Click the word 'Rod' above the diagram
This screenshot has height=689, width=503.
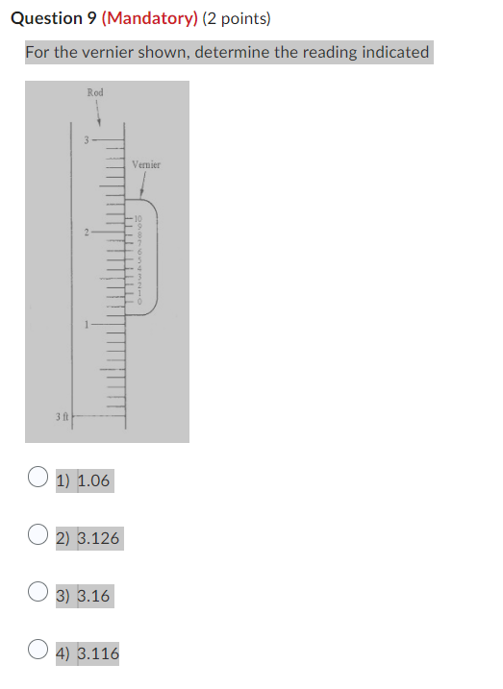pyautogui.click(x=95, y=92)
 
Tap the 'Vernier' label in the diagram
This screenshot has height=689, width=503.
pyautogui.click(x=147, y=165)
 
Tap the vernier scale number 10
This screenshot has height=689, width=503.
pyautogui.click(x=137, y=222)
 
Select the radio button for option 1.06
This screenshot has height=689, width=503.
pyautogui.click(x=38, y=477)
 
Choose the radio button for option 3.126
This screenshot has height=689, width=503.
pyautogui.click(x=38, y=534)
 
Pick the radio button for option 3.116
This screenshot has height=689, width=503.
pyautogui.click(x=38, y=651)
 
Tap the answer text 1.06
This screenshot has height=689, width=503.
pyautogui.click(x=93, y=480)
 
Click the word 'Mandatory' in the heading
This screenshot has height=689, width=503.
pyautogui.click(x=148, y=18)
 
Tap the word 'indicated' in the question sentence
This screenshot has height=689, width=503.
pyautogui.click(x=393, y=52)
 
